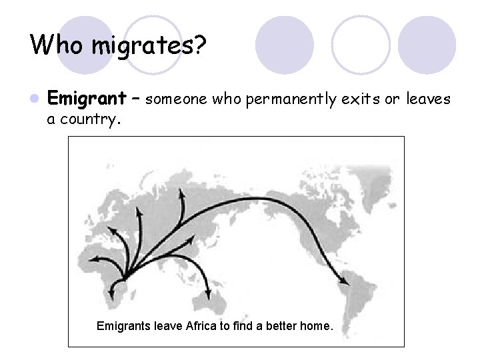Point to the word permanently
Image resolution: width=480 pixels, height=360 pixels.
coord(289,99)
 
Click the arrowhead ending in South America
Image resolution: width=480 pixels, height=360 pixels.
coord(346,281)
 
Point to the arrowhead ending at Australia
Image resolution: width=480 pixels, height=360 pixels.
coord(209,295)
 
